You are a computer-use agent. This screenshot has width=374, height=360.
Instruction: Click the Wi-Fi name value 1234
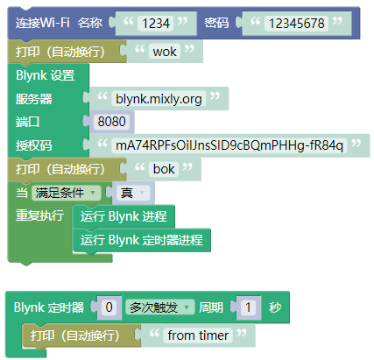pos(156,24)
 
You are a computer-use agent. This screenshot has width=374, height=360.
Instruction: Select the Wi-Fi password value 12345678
pos(296,24)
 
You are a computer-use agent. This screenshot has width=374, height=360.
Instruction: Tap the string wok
pos(165,52)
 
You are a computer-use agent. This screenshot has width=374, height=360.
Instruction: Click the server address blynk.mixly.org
pos(159,99)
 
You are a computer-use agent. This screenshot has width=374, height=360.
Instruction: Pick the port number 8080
pos(111,122)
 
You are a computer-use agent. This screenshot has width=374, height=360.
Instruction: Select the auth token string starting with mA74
pos(229,145)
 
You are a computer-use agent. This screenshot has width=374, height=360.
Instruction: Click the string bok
pos(164,169)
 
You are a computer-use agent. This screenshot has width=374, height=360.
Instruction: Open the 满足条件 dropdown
pos(66,193)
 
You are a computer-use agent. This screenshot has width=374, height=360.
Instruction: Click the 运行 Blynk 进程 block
pos(123,216)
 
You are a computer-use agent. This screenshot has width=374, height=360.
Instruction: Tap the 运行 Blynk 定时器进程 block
pos(142,240)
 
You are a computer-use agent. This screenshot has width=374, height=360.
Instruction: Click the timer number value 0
pos(109,307)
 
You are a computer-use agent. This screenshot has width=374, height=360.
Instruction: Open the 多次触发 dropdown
pos(159,307)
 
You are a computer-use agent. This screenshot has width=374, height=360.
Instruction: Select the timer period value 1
pos(248,307)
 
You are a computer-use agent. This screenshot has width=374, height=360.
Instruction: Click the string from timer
pos(198,335)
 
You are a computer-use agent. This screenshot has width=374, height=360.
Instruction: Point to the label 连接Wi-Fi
pos(42,23)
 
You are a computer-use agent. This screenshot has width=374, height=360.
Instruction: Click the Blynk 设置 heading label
pos(46,75)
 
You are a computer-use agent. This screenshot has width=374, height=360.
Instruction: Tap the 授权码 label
pos(34,145)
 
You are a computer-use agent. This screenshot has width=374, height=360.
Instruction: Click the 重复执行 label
pos(39,215)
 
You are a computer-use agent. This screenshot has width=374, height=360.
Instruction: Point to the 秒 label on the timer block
pos(275,307)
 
